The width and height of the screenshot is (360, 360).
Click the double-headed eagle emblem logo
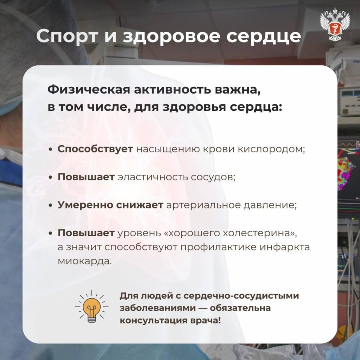(x=335, y=24)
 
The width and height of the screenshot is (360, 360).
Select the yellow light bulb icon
(x=92, y=307)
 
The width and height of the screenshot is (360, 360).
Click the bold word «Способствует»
(x=95, y=149)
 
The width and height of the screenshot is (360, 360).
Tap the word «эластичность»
(x=153, y=177)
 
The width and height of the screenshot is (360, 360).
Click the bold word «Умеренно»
(x=85, y=205)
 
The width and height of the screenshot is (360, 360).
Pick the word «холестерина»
(x=260, y=233)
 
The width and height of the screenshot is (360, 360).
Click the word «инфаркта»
(x=285, y=247)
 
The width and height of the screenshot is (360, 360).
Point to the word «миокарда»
(x=84, y=261)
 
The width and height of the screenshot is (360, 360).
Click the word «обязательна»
(x=240, y=308)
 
